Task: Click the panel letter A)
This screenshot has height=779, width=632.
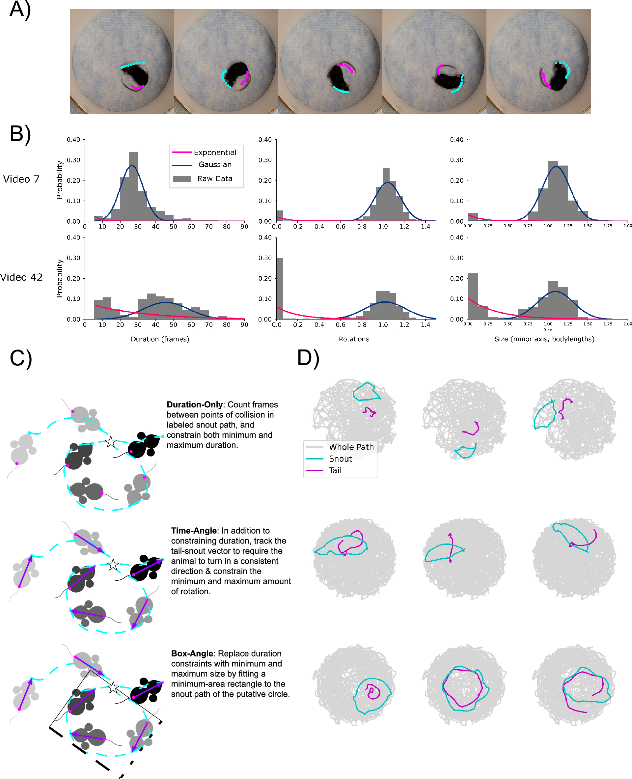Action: [x=20, y=10]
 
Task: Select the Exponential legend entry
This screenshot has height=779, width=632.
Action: [x=215, y=153]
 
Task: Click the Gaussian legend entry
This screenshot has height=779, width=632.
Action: [x=215, y=165]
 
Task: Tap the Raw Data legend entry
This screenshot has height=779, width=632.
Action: [x=215, y=179]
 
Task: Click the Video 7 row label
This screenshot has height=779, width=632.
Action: [x=21, y=179]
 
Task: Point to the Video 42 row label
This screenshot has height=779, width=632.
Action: [x=21, y=277]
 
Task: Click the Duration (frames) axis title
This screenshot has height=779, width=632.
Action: [x=160, y=339]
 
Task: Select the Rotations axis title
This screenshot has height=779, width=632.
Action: [x=354, y=339]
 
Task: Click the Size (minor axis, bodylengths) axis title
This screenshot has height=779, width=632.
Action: [x=544, y=339]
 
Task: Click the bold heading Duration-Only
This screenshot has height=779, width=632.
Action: [x=194, y=405]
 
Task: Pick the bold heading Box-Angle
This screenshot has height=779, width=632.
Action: [x=192, y=654]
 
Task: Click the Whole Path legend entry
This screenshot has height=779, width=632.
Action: [x=351, y=447]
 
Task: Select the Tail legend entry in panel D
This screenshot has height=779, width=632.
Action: [x=335, y=470]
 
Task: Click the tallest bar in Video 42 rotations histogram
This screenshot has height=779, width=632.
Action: [x=280, y=288]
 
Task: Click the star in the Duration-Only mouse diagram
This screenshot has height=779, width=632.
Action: [x=111, y=442]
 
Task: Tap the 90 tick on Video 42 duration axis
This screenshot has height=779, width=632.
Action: [x=244, y=325]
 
